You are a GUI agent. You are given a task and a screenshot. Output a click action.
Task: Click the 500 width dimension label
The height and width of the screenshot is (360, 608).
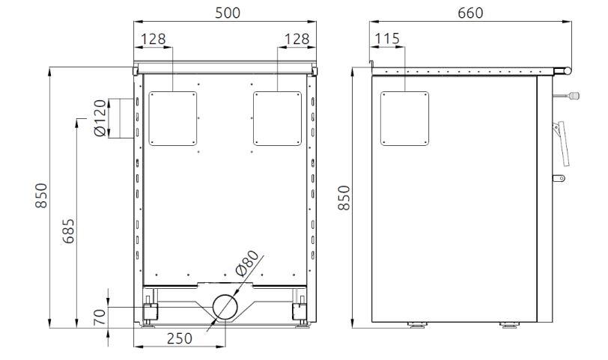pos(228,13)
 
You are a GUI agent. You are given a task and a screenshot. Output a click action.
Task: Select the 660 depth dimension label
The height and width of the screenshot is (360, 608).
pos(470,13)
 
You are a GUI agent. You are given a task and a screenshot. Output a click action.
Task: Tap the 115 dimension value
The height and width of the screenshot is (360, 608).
pos(387,38)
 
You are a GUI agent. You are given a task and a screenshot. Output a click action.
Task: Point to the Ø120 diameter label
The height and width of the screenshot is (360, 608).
pos(100,118)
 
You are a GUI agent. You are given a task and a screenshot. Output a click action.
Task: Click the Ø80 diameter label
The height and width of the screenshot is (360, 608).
pos(246,263)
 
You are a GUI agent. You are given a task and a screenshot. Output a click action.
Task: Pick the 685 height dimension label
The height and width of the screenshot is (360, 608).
pos(68,231)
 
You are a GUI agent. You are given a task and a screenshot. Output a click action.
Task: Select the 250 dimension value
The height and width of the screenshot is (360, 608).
pos(179,338)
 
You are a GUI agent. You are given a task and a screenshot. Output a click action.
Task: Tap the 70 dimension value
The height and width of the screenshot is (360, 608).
pos(100,317)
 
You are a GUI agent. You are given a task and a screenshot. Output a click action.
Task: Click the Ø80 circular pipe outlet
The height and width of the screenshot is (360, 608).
pos(225,307)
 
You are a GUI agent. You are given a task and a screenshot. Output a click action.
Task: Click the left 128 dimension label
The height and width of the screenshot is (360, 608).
pos(153,39)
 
